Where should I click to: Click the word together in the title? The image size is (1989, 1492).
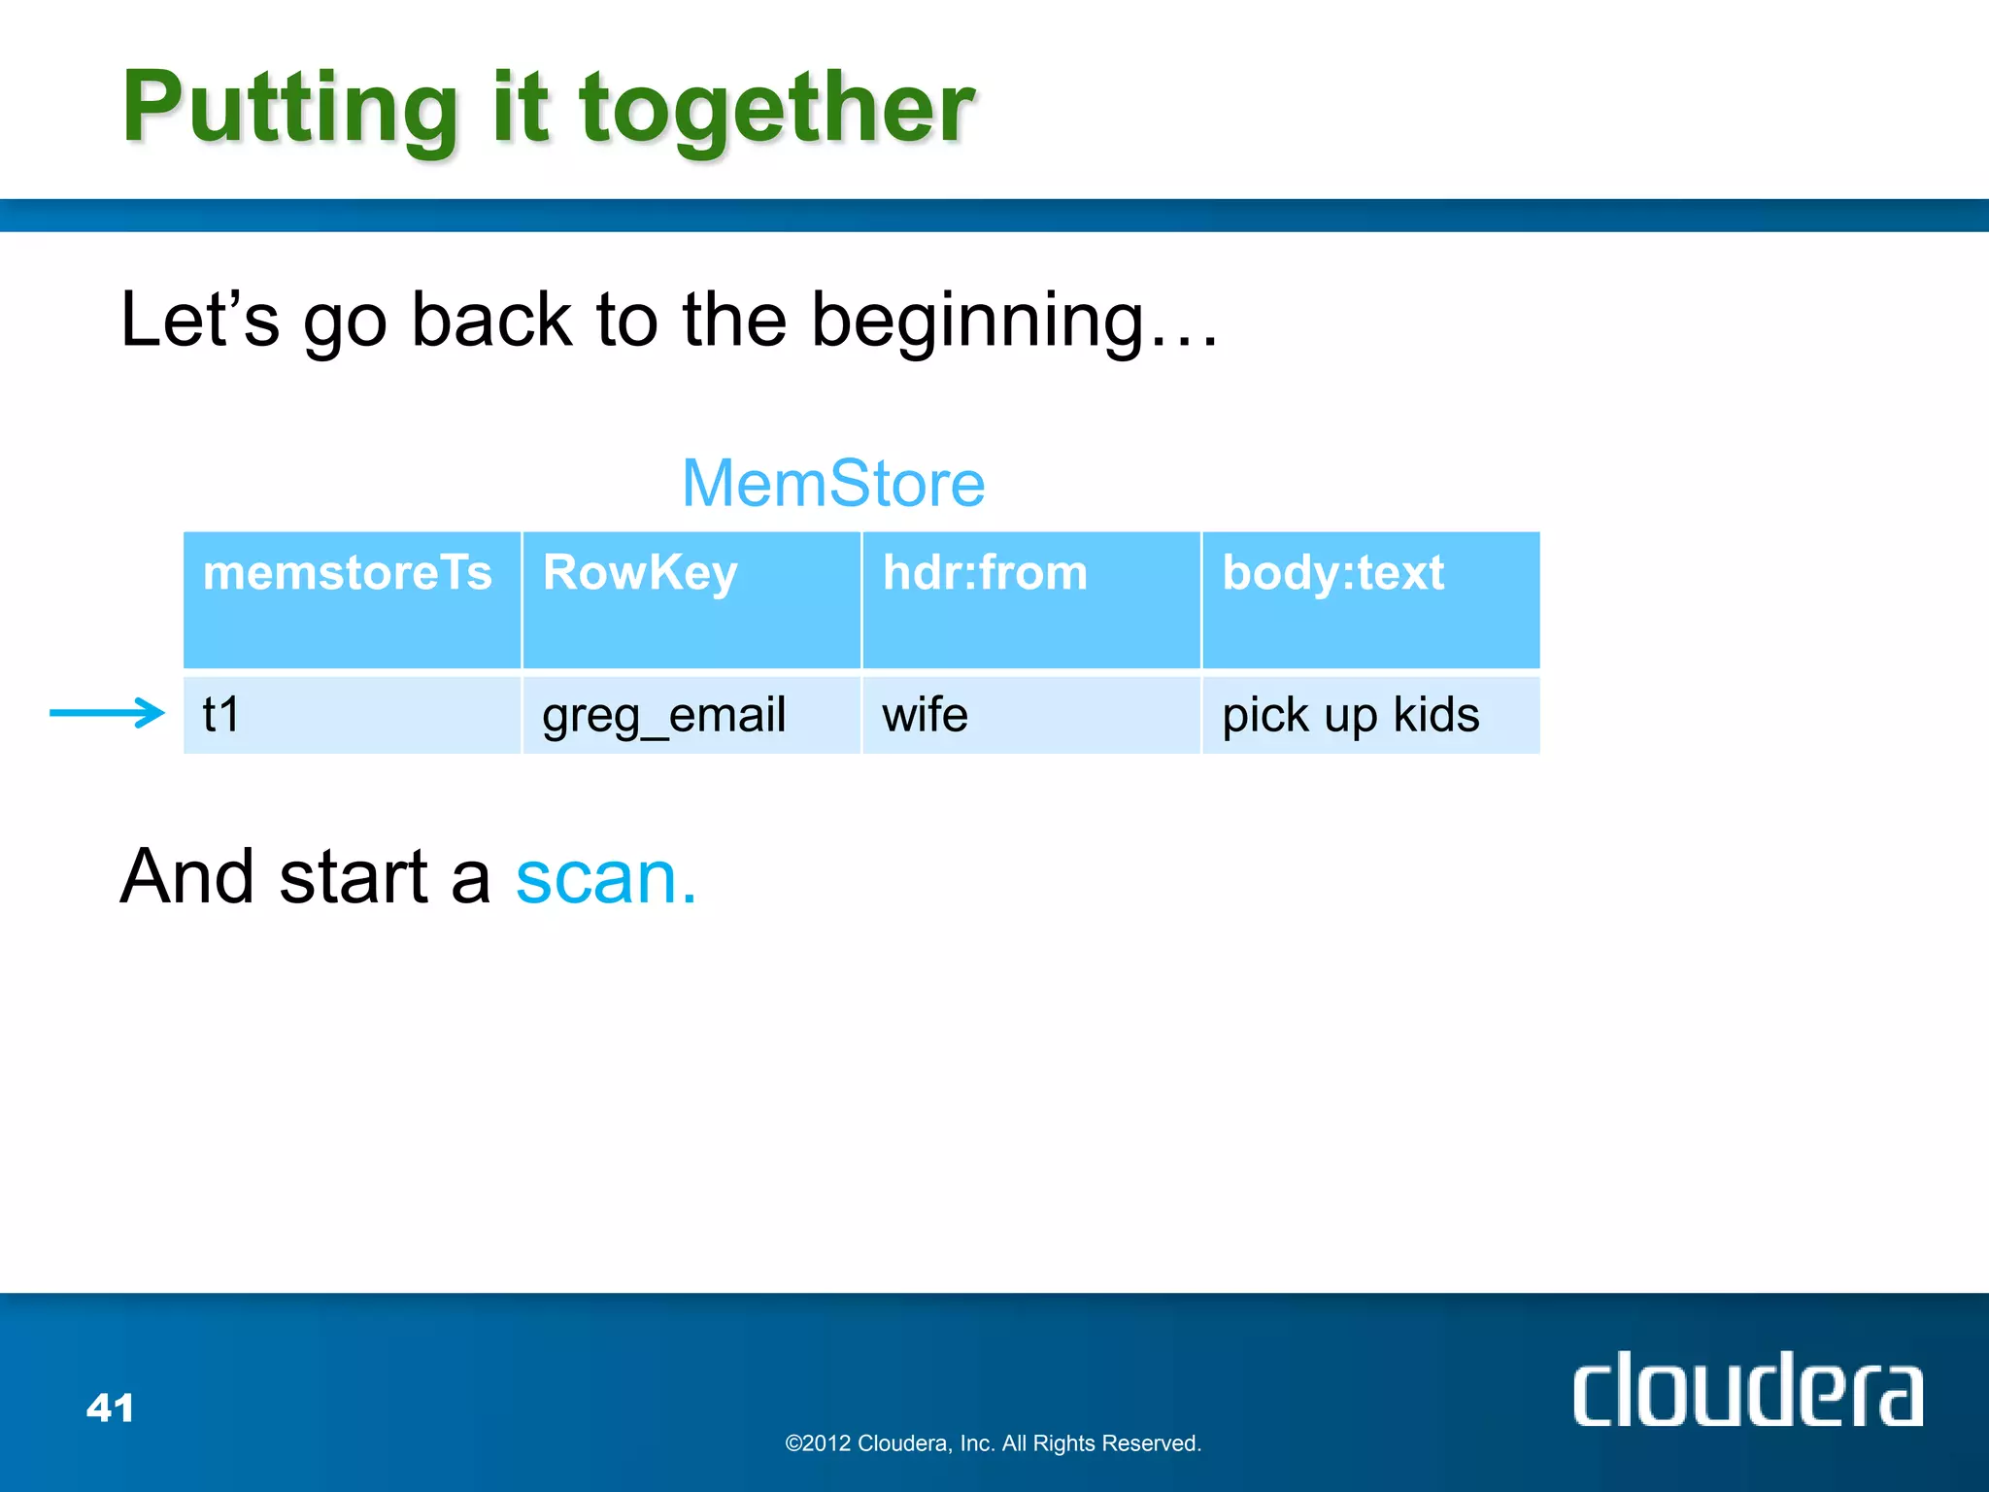pyautogui.click(x=777, y=109)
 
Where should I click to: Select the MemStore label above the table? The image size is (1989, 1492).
pyautogui.click(x=833, y=483)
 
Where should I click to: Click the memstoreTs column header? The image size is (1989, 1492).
pyautogui.click(x=348, y=572)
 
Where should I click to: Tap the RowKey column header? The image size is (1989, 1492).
pyautogui.click(x=640, y=572)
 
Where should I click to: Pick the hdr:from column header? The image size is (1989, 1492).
pyautogui.click(x=985, y=572)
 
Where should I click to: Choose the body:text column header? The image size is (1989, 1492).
pyautogui.click(x=1332, y=572)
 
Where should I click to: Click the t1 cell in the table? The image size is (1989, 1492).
pyautogui.click(x=221, y=715)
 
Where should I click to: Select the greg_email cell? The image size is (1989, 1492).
pyautogui.click(x=663, y=716)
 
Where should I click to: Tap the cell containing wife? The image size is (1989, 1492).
pyautogui.click(x=925, y=715)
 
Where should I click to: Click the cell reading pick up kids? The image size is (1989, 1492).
pyautogui.click(x=1350, y=716)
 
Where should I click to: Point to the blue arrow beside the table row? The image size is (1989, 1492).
pyautogui.click(x=107, y=713)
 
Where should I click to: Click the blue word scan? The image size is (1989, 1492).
pyautogui.click(x=604, y=877)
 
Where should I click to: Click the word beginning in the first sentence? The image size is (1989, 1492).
pyautogui.click(x=979, y=321)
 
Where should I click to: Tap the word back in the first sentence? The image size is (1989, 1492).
pyautogui.click(x=491, y=321)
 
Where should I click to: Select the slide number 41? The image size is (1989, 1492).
pyautogui.click(x=110, y=1407)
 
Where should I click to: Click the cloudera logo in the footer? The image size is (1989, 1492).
pyautogui.click(x=1746, y=1391)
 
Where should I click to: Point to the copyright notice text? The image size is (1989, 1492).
pyautogui.click(x=993, y=1443)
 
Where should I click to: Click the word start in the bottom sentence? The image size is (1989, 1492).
pyautogui.click(x=354, y=877)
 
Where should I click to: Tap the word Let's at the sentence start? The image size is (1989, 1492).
pyautogui.click(x=199, y=321)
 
